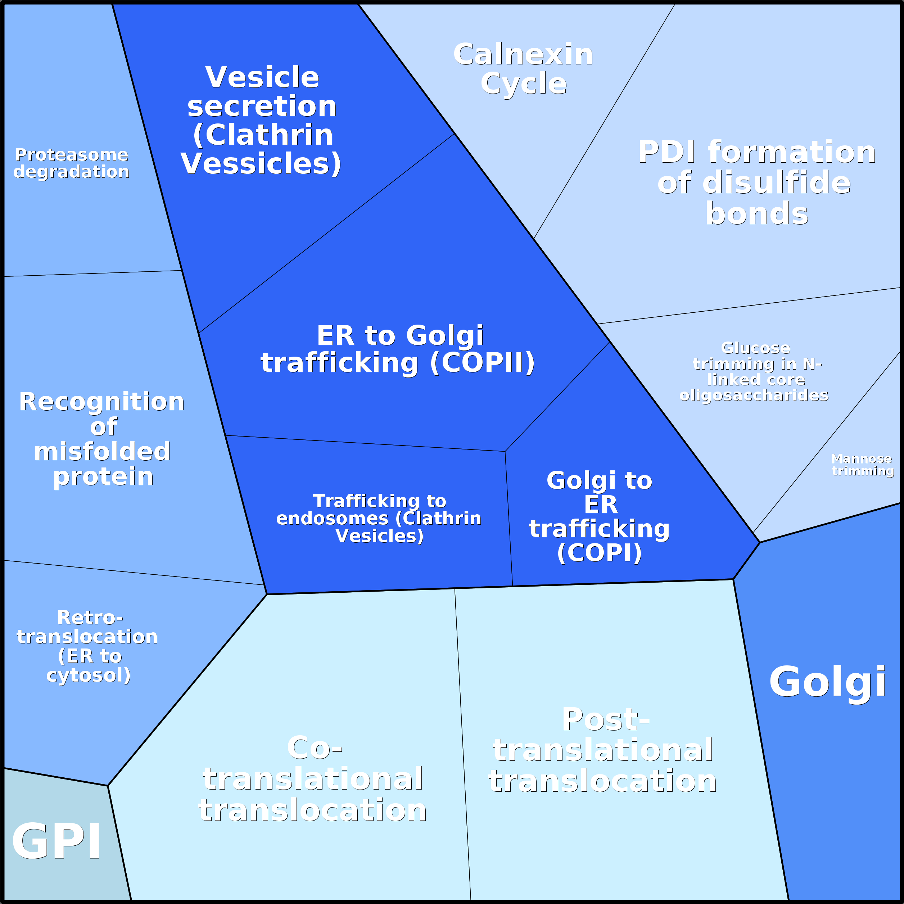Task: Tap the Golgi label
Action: click(827, 682)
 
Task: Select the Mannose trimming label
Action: click(862, 465)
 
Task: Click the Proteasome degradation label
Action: click(72, 163)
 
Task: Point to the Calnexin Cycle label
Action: click(523, 69)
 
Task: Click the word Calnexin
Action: click(523, 54)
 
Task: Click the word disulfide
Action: click(776, 182)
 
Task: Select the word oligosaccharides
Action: click(754, 395)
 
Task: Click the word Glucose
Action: click(756, 348)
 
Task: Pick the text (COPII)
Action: click(482, 363)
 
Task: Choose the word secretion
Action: click(262, 106)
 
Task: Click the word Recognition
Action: click(102, 402)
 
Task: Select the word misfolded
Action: click(102, 452)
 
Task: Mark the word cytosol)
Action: click(89, 675)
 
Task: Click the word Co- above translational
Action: click(315, 748)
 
